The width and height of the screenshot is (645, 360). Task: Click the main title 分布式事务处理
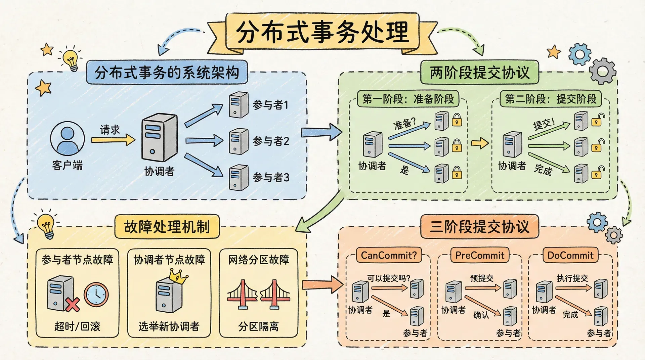coord(322,32)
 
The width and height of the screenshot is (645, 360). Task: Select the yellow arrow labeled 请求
coord(113,139)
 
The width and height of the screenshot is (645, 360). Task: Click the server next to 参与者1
coord(238,105)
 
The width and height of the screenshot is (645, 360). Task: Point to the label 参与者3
coord(271,177)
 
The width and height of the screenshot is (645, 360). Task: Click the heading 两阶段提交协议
coord(479,73)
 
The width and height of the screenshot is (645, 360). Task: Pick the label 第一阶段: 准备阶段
coord(408,99)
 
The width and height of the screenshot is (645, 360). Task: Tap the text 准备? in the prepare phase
coord(404,124)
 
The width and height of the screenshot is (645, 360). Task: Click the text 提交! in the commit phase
coord(544,124)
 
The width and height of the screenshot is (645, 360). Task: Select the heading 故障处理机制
coord(167,227)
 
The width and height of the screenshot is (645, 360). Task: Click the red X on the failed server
coord(72,305)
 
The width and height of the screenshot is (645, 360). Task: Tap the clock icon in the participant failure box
coord(96,295)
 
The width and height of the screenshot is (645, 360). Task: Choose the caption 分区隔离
coord(258,326)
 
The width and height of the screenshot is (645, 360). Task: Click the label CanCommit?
coord(389,255)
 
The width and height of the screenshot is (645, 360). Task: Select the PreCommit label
coord(480,255)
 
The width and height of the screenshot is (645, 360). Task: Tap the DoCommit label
coord(570,255)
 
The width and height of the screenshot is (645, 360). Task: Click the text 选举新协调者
coord(169,326)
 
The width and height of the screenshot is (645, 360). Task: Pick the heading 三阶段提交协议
coord(479,227)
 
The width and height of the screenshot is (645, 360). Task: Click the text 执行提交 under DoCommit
coord(572,278)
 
